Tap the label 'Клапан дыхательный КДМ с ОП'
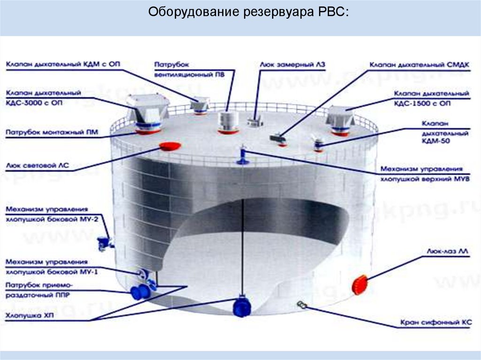pos(63,65)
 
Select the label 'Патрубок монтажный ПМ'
pos(52,133)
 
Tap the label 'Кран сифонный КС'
pos(436,322)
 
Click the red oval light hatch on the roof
pos(171,146)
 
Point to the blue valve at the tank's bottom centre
pos(241,307)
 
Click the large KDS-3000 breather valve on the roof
pos(147,113)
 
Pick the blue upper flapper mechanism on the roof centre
pos(243,155)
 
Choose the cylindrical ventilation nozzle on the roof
pos(227,123)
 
